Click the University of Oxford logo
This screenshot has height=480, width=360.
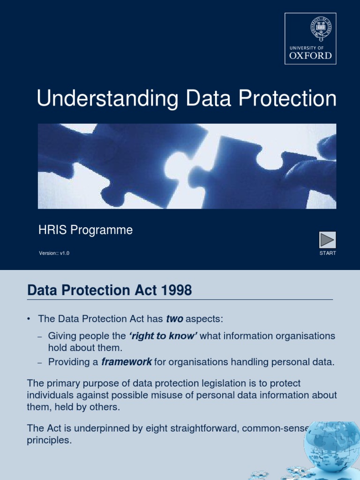click(310, 38)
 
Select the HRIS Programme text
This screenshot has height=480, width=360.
click(85, 230)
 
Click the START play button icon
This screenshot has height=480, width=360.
click(327, 240)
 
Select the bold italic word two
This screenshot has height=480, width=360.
click(174, 319)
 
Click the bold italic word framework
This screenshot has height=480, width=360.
click(127, 362)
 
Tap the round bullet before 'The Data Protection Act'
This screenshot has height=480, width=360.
click(29, 319)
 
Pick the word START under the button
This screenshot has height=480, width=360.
click(328, 253)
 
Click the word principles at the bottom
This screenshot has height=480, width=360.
click(49, 441)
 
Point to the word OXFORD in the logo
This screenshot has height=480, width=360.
click(310, 56)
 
